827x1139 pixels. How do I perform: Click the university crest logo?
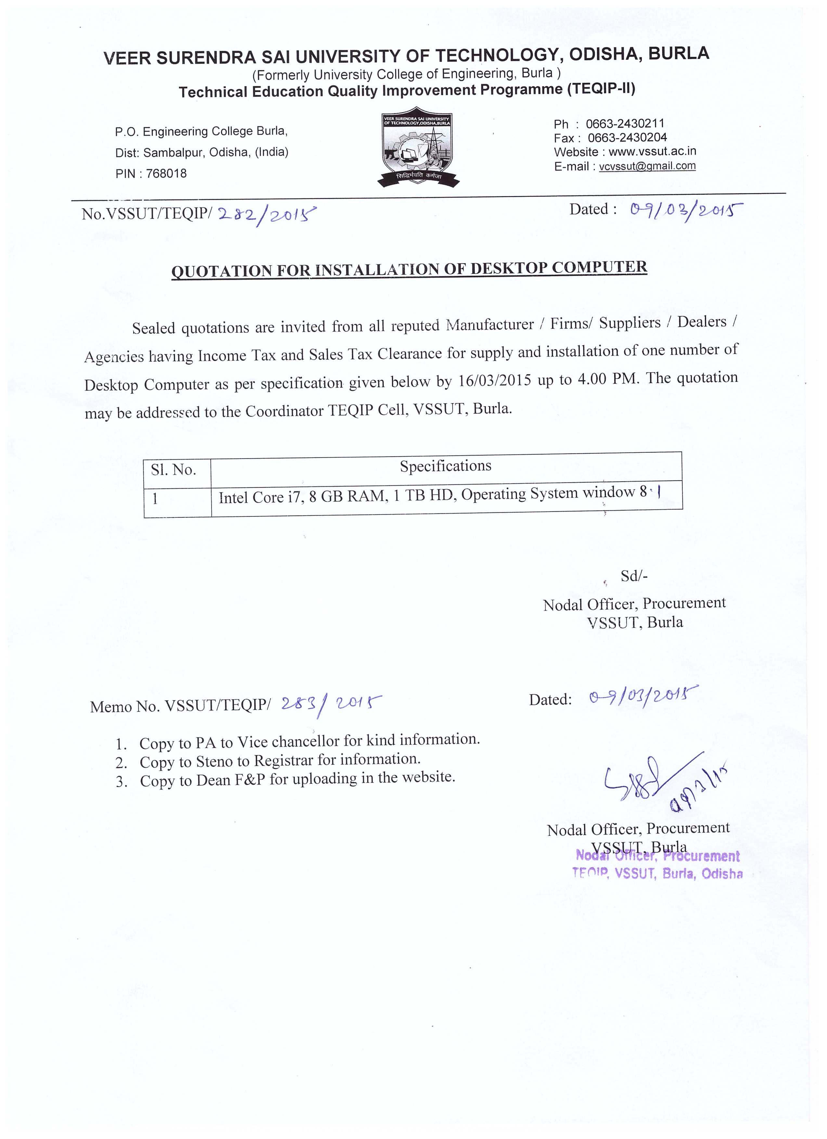pos(418,147)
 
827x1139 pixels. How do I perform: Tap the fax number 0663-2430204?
pos(627,138)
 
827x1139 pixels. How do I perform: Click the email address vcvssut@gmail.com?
pos(647,166)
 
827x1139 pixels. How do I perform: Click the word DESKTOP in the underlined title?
pos(508,268)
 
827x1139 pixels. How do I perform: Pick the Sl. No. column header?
pos(173,470)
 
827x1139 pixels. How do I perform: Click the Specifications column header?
pos(445,466)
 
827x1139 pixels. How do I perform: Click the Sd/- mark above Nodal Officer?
pos(634,576)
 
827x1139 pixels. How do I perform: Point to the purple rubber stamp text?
pos(657,865)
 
